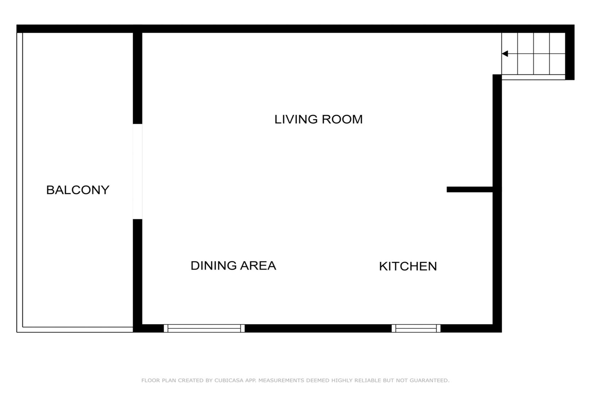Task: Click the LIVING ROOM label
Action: (x=318, y=119)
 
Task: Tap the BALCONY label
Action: (x=78, y=190)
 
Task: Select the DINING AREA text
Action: (x=233, y=266)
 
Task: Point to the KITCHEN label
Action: (x=408, y=266)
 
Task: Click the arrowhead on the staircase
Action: (x=505, y=54)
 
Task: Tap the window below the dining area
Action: (x=204, y=328)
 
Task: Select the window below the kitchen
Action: (x=416, y=328)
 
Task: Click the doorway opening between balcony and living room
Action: (x=137, y=171)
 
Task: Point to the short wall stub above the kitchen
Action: (x=470, y=189)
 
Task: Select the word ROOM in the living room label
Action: (x=342, y=119)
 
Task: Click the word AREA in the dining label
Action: (x=258, y=266)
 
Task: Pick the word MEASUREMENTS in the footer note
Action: (x=281, y=381)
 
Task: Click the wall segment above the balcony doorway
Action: (x=137, y=78)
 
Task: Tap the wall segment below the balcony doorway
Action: (x=137, y=276)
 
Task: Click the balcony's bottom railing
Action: (x=75, y=329)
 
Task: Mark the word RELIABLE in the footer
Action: (x=373, y=381)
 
